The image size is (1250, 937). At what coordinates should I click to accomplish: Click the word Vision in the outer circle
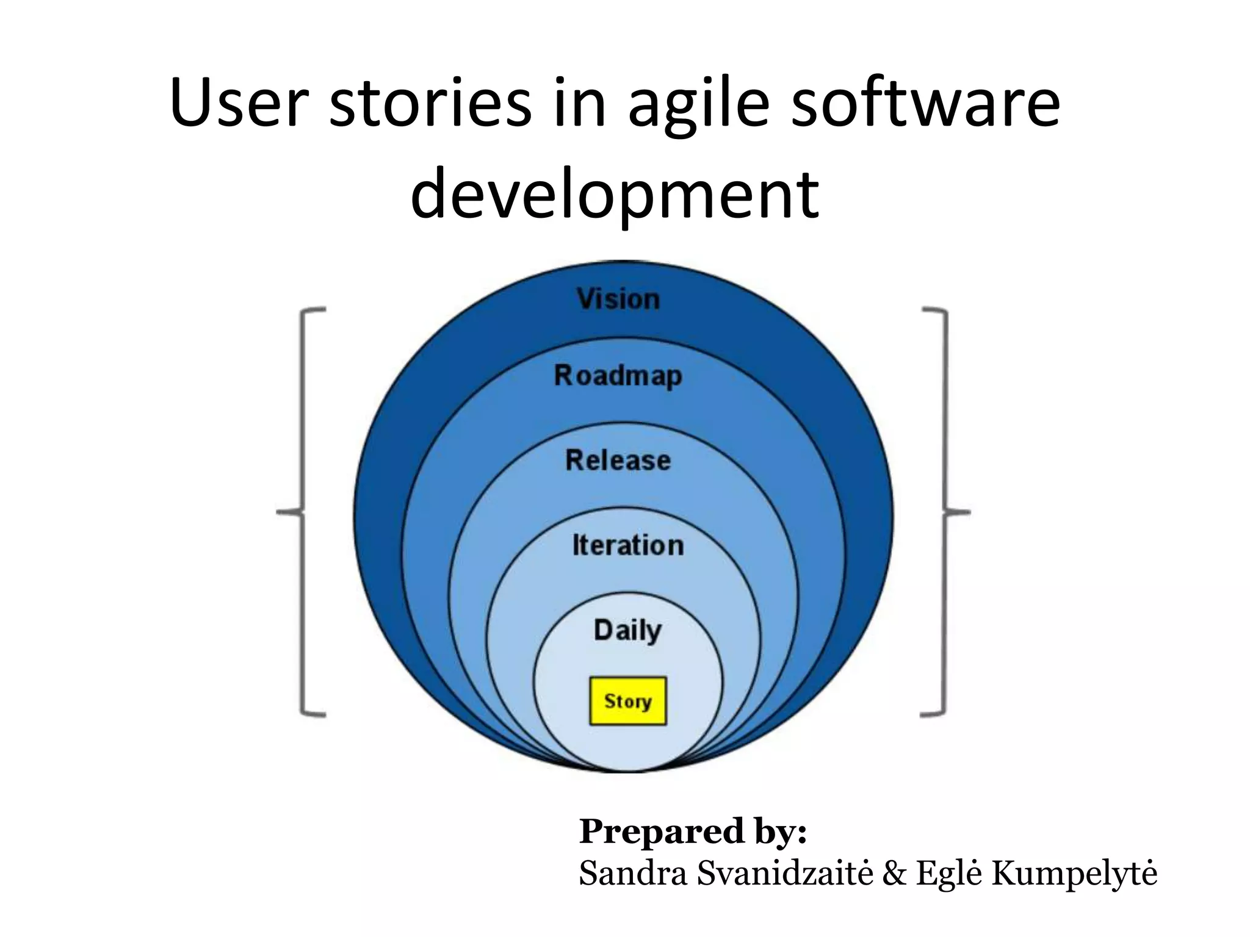click(618, 300)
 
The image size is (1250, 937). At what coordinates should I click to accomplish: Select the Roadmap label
click(618, 376)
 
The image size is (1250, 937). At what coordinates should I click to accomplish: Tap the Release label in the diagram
click(618, 461)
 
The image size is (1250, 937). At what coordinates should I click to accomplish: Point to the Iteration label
click(627, 545)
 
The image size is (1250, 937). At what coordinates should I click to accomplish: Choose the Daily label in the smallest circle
click(627, 630)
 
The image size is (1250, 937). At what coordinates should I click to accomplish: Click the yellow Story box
click(627, 701)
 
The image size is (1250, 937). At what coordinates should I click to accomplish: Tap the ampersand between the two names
click(894, 873)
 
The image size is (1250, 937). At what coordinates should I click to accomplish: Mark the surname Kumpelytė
click(1074, 874)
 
